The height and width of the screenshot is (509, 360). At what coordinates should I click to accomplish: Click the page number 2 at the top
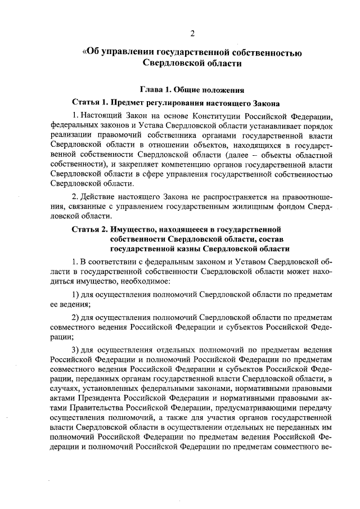point(192,34)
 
